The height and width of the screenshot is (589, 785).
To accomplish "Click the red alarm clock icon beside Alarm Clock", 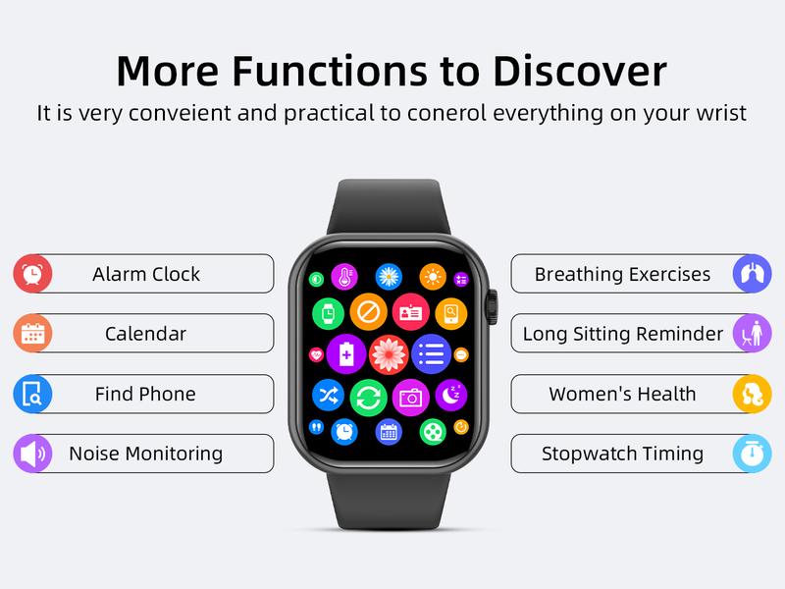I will point(32,274).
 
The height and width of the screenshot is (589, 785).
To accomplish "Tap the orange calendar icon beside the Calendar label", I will point(32,334).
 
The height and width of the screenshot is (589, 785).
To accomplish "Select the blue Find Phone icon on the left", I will point(32,395).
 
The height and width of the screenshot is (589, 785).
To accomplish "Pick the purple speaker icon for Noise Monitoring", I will point(32,455).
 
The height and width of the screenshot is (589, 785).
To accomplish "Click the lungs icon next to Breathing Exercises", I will point(753,274).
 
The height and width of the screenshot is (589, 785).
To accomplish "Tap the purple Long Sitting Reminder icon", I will point(753,334).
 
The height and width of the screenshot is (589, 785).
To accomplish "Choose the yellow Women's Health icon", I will point(753,395).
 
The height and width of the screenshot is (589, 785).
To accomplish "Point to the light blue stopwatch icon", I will point(753,455).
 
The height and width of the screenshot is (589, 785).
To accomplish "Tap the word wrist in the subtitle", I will point(721,113).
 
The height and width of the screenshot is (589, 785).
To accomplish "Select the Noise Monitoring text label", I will point(145,454).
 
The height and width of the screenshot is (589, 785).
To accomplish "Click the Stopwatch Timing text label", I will point(622,454).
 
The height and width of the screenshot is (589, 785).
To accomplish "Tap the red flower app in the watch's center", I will point(389,353).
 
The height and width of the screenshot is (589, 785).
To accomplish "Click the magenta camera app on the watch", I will point(410,398).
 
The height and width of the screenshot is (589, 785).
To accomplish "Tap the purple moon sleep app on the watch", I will point(449,395).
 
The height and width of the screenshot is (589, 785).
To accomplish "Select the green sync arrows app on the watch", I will point(368,398).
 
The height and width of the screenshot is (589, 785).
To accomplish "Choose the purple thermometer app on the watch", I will point(344,278).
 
